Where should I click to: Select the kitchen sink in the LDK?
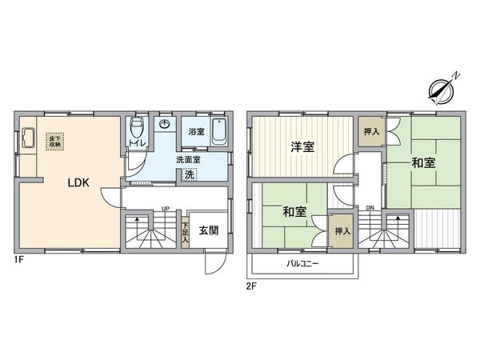[x=26, y=139]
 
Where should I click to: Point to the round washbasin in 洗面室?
[x=165, y=124]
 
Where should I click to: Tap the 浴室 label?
[x=195, y=130]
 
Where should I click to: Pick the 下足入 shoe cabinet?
[x=185, y=232]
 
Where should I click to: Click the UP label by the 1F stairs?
[x=165, y=210]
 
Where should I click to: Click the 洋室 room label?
[x=301, y=146]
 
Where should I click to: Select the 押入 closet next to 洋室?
[x=370, y=131]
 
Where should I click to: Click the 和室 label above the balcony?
[x=294, y=212]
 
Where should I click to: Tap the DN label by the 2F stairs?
[x=370, y=209]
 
